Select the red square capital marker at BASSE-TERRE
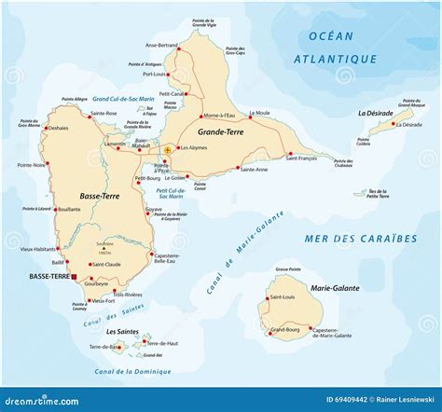pyautogui.click(x=74, y=277)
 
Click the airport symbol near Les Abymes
pyautogui.click(x=168, y=149)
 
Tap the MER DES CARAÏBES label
pyautogui.click(x=360, y=239)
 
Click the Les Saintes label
pyautogui.click(x=122, y=332)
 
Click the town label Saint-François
pyautogui.click(x=303, y=159)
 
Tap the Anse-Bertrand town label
pyautogui.click(x=161, y=45)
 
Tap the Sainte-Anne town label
pyautogui.click(x=253, y=169)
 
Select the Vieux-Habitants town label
pyautogui.click(x=38, y=249)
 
